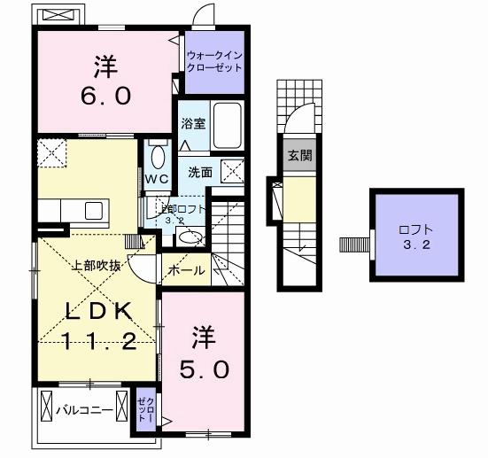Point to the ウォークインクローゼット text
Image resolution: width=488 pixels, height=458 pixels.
pos(213,61)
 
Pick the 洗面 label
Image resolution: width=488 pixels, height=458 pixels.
pos(200,173)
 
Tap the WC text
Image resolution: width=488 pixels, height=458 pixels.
pos(157,178)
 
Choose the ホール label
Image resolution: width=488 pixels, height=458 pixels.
pos(186,270)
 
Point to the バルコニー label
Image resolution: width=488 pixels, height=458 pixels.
pos(83,410)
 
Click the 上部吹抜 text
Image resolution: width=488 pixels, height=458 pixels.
pos(97,264)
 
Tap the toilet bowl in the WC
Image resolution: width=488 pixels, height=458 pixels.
pos(158,157)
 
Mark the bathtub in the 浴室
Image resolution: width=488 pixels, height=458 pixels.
pos(228,127)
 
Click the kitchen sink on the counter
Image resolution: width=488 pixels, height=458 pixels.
pos(93,210)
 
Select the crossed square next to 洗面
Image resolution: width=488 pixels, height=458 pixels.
pos(232,170)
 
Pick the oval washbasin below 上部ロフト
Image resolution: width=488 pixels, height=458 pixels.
pos(188,236)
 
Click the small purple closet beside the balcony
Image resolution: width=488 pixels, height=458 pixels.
pos(144,411)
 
